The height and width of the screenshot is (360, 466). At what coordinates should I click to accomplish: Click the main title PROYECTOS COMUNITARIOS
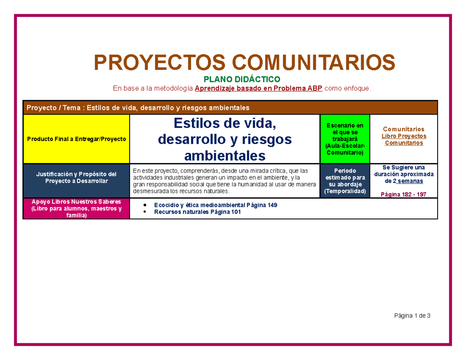pyautogui.click(x=245, y=62)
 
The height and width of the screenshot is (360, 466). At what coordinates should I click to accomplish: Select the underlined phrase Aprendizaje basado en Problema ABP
pyautogui.click(x=259, y=89)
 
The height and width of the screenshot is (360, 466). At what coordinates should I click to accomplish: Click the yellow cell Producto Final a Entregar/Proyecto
pyautogui.click(x=76, y=139)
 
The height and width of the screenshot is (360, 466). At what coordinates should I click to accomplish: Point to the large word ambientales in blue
pyautogui.click(x=225, y=156)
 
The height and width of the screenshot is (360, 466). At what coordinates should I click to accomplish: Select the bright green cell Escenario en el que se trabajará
pyautogui.click(x=345, y=139)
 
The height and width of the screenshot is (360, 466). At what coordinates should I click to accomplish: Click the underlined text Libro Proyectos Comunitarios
pyautogui.click(x=404, y=139)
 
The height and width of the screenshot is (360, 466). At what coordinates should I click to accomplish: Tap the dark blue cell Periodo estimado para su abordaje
pyautogui.click(x=345, y=181)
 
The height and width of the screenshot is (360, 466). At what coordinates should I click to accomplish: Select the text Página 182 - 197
pyautogui.click(x=404, y=194)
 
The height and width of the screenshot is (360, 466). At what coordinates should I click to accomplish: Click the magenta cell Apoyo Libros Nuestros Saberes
pyautogui.click(x=76, y=209)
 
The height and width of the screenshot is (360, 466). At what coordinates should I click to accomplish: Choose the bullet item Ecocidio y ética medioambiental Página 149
pyautogui.click(x=216, y=205)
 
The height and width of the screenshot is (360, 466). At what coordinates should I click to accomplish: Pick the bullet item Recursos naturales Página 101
pyautogui.click(x=197, y=212)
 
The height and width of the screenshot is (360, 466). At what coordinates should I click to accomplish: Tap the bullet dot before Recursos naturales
pyautogui.click(x=145, y=212)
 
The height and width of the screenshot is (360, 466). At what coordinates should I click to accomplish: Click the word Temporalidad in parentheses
pyautogui.click(x=345, y=192)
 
